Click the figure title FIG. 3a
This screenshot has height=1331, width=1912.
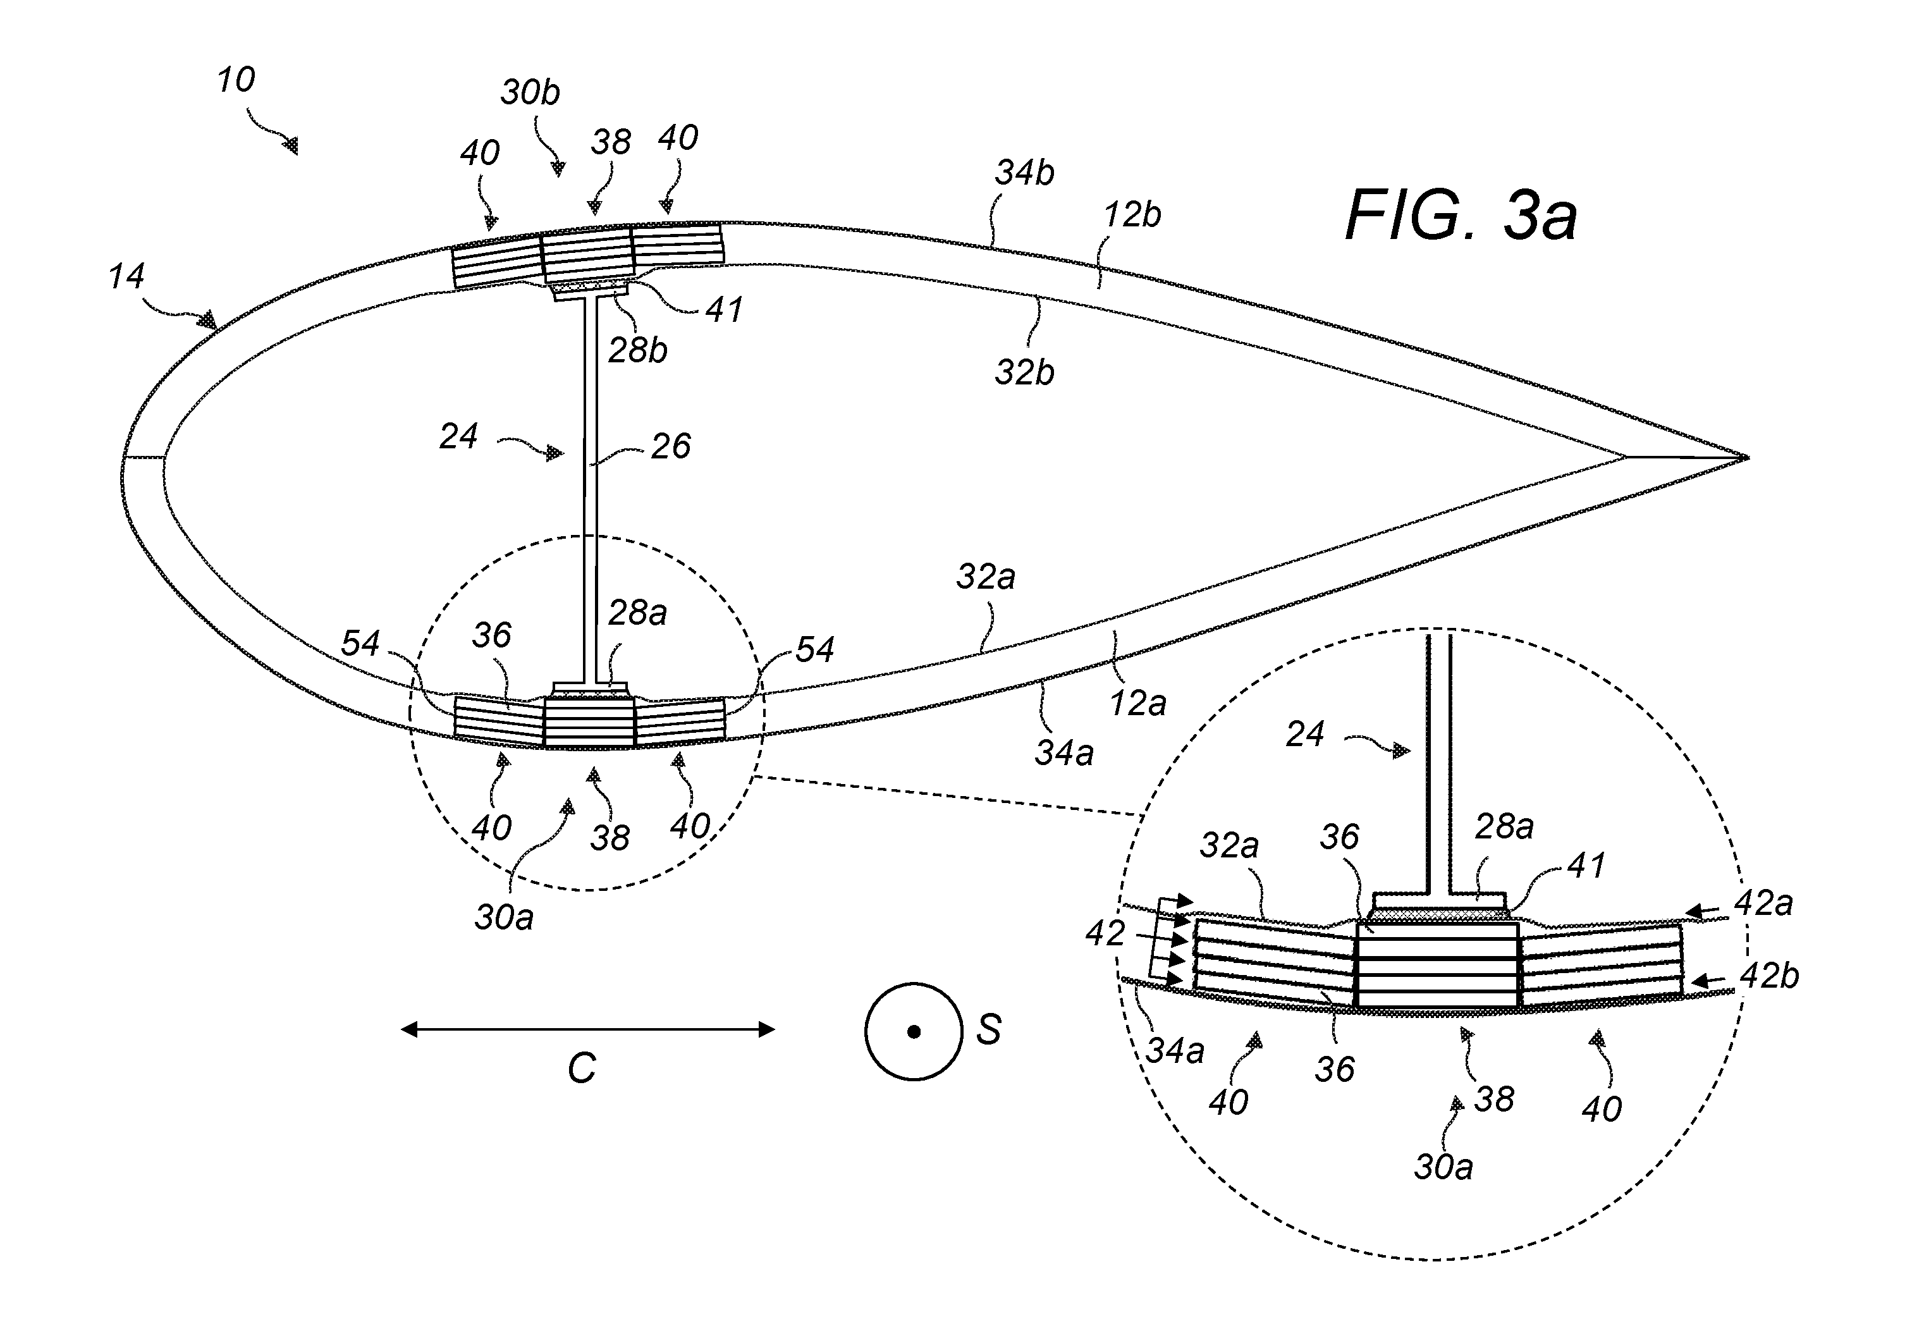[x=1461, y=216]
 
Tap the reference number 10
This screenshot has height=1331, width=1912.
[x=236, y=80]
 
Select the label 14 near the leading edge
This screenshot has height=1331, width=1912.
[x=126, y=276]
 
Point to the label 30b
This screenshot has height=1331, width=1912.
[x=530, y=92]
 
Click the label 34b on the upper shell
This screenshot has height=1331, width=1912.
[x=1024, y=173]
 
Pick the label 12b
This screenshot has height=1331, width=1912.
[x=1132, y=215]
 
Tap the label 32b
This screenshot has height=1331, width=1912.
[x=1024, y=372]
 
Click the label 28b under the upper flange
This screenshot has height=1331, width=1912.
[x=638, y=351]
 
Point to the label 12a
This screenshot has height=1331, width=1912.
[x=1137, y=704]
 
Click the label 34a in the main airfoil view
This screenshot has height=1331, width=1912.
[x=1064, y=753]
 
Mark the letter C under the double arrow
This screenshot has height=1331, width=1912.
[x=582, y=1068]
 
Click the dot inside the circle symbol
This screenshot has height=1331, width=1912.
[x=914, y=1032]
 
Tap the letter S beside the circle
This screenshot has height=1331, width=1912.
[x=988, y=1030]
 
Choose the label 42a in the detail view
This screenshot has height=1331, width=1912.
[x=1763, y=903]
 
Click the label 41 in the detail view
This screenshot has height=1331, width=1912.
[x=1586, y=866]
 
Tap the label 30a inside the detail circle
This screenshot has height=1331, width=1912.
[x=1443, y=1167]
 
